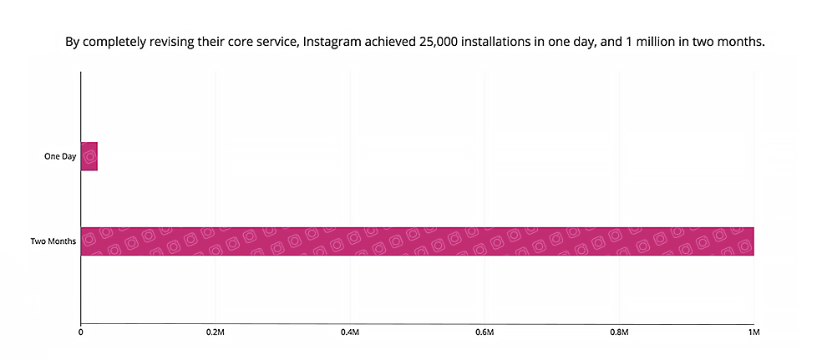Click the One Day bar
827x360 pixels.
[x=89, y=156]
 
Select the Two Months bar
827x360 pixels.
[x=418, y=241]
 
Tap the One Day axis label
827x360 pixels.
[x=60, y=156]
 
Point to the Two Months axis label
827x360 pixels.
[x=53, y=241]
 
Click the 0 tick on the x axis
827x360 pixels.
[x=80, y=332]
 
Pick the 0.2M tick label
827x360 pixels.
[x=215, y=332]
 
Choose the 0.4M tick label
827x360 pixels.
[x=350, y=332]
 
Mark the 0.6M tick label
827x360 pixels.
[x=485, y=332]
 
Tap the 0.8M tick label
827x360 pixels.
[x=619, y=332]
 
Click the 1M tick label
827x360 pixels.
[x=753, y=332]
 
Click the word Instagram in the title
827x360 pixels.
[x=328, y=41]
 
